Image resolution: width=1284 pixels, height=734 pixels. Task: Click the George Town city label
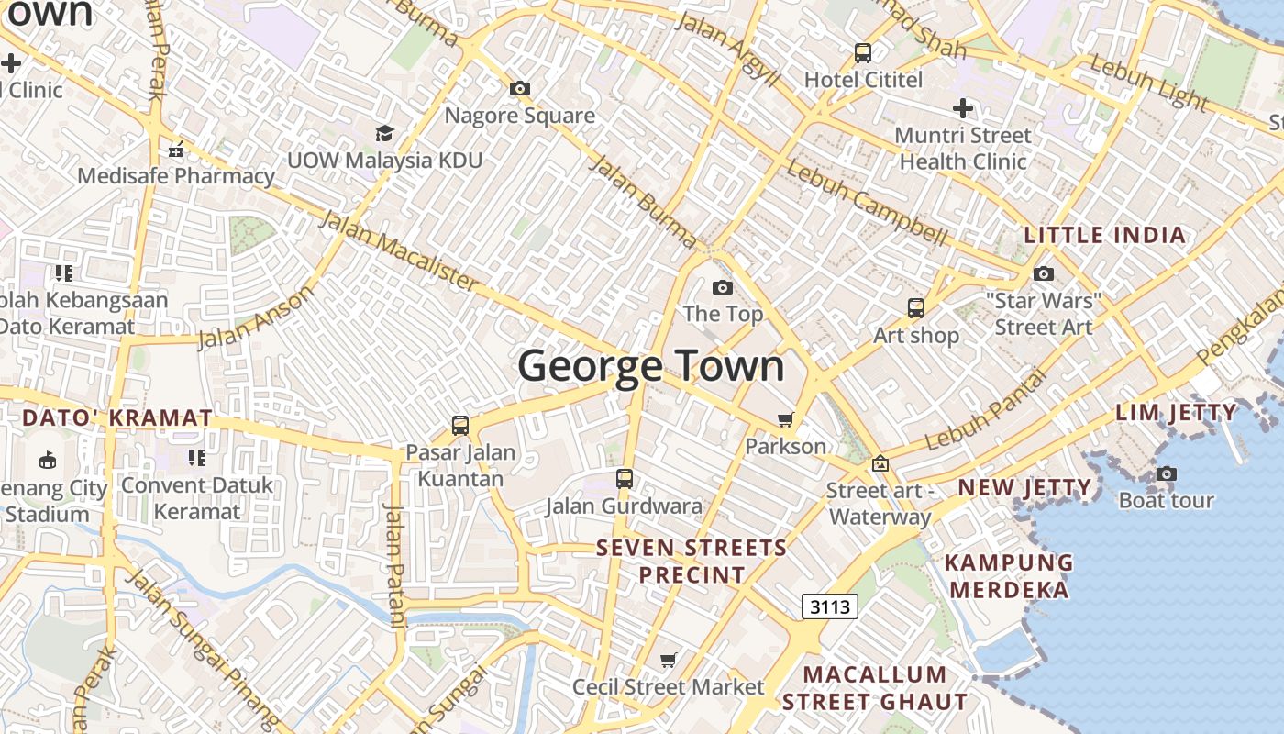point(651,366)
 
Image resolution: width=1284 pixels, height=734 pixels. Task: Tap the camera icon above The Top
point(723,288)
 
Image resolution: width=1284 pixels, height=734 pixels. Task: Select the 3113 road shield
point(830,606)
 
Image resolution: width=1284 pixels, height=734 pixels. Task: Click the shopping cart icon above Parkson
point(785,420)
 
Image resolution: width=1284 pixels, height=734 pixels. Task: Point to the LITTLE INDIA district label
point(1104,235)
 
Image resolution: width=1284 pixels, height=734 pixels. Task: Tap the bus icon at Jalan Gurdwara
point(625,479)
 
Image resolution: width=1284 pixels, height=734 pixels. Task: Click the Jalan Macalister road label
point(398,250)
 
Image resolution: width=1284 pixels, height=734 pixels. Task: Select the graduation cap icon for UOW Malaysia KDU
point(384,134)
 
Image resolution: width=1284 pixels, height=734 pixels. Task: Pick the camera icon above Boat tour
point(1166,474)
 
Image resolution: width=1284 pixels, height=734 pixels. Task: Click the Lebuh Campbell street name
point(866,204)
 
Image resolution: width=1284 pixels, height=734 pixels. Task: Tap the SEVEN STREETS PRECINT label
point(692,562)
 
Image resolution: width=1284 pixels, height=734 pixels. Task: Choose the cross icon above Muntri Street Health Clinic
point(962,109)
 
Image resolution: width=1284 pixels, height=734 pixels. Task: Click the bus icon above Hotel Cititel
point(863,53)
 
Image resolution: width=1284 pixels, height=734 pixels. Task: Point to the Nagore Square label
point(520,116)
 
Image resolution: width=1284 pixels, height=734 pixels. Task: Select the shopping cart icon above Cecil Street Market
point(669,661)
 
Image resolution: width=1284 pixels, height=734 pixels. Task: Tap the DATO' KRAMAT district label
point(117,418)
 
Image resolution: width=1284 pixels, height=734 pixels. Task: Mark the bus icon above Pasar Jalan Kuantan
point(460,426)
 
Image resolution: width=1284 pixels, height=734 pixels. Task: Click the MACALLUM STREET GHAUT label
point(874,688)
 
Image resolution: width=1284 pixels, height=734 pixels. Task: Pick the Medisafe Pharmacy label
point(176,175)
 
